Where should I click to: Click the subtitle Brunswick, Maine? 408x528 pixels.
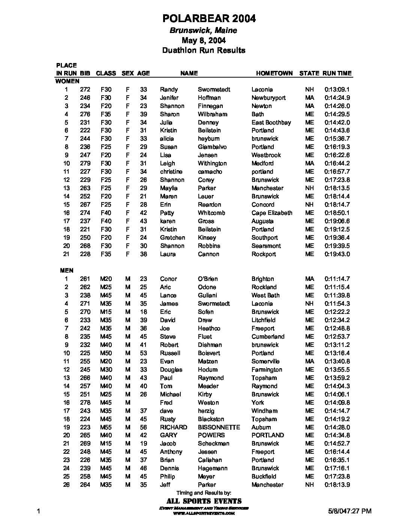click(203, 30)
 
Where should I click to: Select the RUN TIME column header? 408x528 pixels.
click(337, 73)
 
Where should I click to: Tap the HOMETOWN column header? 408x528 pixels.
click(274, 73)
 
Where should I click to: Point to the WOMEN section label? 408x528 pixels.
click(67, 81)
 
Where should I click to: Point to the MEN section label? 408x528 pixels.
click(67, 270)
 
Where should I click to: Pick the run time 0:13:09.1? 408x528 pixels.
click(337, 90)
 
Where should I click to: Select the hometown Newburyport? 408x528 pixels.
click(268, 98)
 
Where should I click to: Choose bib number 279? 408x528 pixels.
click(85, 163)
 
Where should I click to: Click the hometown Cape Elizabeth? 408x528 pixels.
click(271, 213)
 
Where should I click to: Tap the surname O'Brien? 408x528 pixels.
click(208, 279)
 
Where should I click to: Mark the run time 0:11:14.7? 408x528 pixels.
click(337, 279)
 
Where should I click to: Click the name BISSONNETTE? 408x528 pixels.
click(219, 427)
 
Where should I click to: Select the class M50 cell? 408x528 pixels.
click(106, 353)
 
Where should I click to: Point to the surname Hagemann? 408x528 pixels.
click(213, 468)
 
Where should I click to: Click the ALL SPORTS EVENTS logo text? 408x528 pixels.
click(204, 501)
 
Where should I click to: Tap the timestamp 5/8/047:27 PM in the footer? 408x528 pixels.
click(349, 511)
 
